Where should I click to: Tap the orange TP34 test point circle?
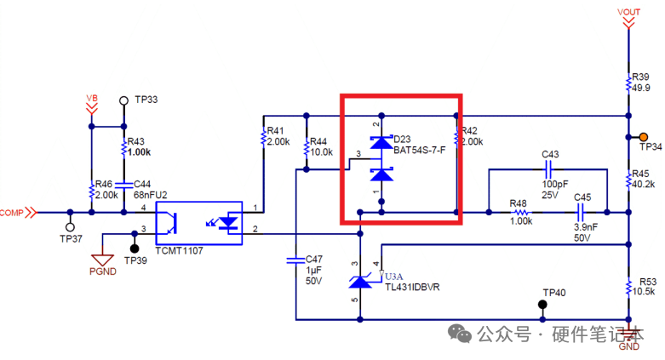645,137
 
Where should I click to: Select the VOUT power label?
629,11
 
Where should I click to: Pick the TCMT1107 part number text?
179,251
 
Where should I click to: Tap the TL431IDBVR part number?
412,288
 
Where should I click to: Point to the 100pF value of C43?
555,183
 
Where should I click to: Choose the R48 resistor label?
519,203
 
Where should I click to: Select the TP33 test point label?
146,100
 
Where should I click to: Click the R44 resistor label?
318,141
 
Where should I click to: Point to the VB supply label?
91,99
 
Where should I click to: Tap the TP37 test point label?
71,239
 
